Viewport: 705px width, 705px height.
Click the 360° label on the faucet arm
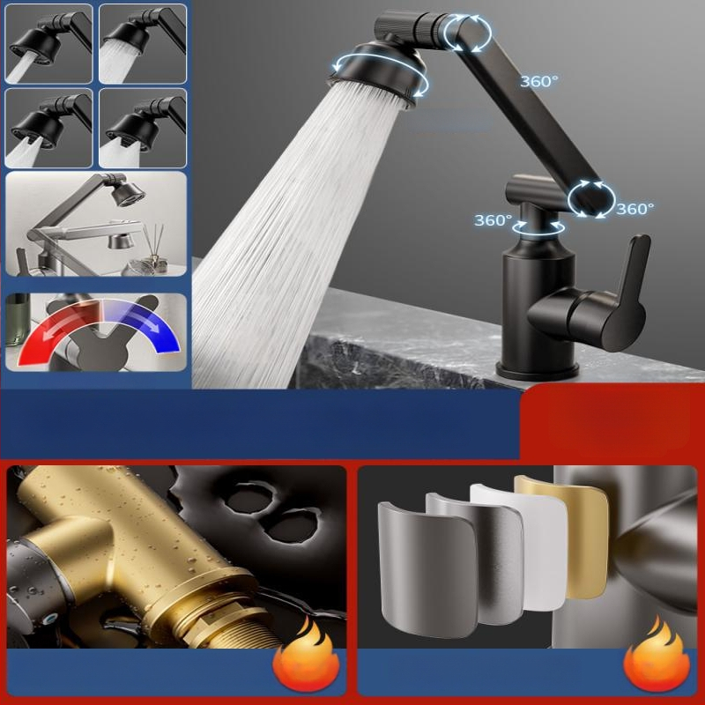(x=539, y=81)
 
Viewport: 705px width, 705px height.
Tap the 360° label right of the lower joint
(x=634, y=209)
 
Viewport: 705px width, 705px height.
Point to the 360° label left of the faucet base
(x=493, y=219)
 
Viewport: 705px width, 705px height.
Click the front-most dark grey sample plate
(x=427, y=568)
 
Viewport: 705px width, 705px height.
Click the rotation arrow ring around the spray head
(x=380, y=74)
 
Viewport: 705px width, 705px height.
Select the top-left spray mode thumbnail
(x=48, y=43)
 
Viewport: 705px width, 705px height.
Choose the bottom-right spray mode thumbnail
(x=143, y=128)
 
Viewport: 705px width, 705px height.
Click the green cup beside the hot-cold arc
(x=18, y=319)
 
